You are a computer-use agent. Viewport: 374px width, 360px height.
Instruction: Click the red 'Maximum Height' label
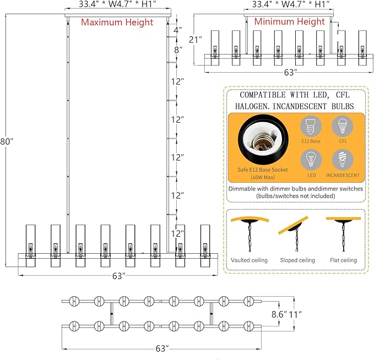[117, 22]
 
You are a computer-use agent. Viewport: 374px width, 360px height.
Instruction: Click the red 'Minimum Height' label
[289, 21]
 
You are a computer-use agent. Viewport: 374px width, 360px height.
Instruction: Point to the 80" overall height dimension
[7, 141]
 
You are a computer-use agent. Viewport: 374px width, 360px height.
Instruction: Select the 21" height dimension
[196, 40]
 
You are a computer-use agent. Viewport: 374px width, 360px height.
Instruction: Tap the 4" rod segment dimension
[178, 30]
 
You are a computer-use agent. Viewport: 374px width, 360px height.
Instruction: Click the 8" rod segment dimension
[178, 50]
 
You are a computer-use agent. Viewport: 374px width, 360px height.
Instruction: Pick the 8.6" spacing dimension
[279, 314]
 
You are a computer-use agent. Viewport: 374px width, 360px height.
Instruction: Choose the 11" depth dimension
[295, 314]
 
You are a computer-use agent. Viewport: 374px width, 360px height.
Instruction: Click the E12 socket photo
[263, 140]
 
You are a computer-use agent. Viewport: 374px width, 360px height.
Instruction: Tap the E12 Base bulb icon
[311, 127]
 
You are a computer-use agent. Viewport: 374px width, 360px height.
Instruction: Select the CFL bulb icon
[343, 127]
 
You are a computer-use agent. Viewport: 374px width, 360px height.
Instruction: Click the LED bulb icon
[311, 160]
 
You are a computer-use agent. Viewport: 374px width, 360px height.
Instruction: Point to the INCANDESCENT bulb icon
[343, 160]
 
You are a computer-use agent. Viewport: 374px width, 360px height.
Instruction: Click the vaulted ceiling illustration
[250, 234]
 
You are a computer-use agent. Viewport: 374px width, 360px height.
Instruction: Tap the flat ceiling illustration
[344, 234]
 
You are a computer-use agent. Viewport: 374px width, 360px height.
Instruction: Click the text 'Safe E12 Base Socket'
[263, 170]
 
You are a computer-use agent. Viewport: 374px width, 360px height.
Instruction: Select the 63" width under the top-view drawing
[162, 348]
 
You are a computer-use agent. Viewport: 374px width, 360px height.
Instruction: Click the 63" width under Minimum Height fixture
[291, 72]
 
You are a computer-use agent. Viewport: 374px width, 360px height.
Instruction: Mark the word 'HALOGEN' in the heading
[251, 106]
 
